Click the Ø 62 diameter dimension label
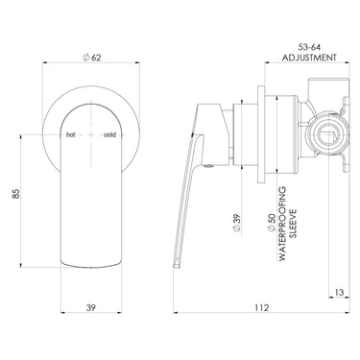pos(91,58)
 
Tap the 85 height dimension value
pos(16,194)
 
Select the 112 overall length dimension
pos(262,307)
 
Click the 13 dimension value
pos(340,292)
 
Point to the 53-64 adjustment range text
pos(309,47)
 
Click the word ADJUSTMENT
pos(309,58)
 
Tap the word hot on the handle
pos(70,134)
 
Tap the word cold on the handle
pos(109,134)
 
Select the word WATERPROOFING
pos(282,224)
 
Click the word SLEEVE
pos(293,224)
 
